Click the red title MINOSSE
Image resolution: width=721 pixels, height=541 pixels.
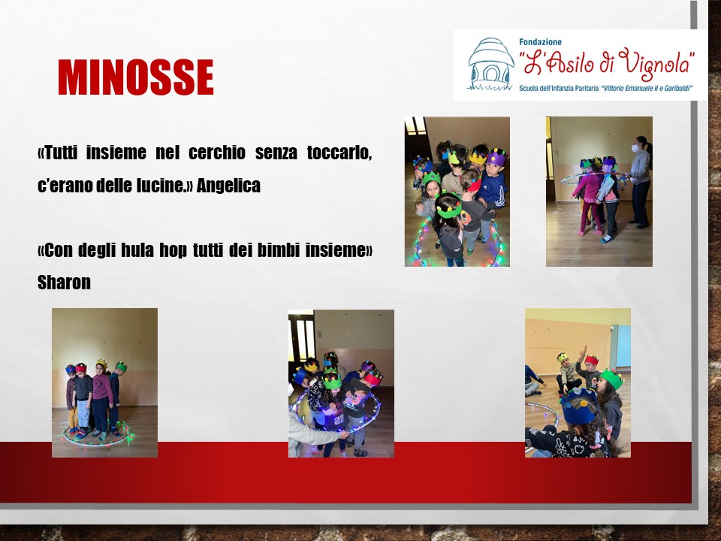point(136,77)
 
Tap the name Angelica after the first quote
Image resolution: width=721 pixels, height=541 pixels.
point(228,186)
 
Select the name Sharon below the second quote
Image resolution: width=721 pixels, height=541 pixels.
point(64,282)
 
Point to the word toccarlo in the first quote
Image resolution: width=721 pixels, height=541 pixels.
point(339,153)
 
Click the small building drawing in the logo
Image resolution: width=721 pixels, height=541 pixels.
point(490,64)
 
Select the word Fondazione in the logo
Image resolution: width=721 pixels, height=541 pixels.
point(540,42)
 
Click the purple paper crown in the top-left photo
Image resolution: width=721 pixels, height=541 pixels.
point(496,157)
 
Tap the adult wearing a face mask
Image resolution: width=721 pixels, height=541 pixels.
point(640,182)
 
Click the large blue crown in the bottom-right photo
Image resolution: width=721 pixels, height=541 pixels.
point(578,407)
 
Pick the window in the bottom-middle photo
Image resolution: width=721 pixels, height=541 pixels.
point(302,336)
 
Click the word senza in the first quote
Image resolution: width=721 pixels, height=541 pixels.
point(276,153)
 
